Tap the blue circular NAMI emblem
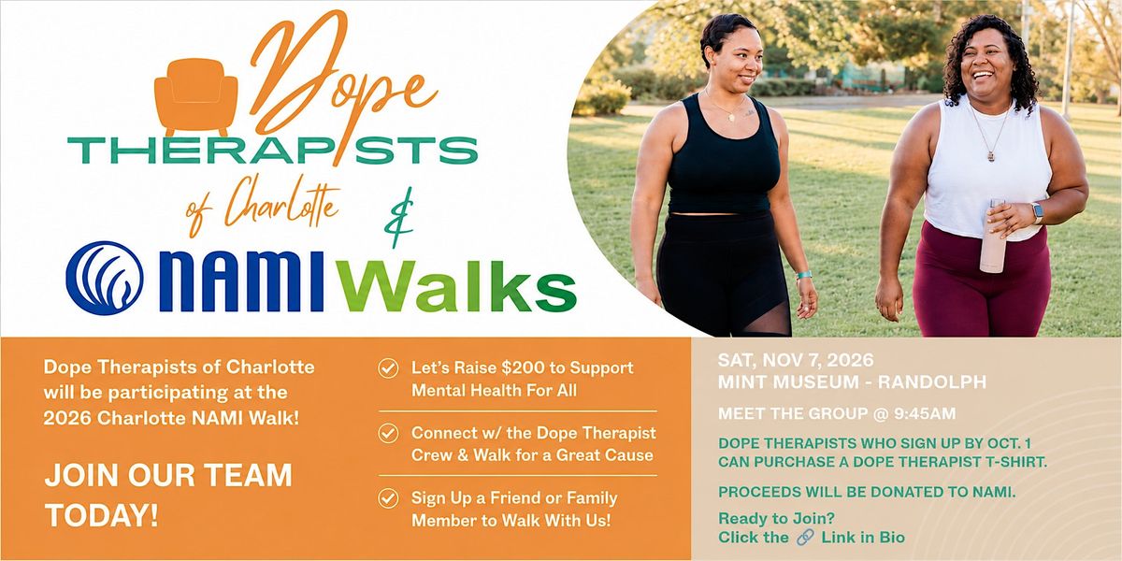pos(105,278)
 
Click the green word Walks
pos(458,286)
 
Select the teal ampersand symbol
pos(399,217)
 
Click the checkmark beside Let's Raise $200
pos(388,368)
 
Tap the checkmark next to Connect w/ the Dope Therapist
pos(388,433)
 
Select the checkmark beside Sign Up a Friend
pos(388,498)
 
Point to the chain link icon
pos(805,538)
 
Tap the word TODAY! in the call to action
pos(102,515)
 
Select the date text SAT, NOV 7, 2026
pos(796,360)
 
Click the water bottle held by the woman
pos(994,236)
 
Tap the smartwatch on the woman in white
pos(1037,212)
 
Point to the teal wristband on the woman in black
pos(804,275)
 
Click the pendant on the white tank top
pos(991,156)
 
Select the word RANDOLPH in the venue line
pos(932,382)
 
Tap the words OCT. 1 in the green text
pos(1008,443)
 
